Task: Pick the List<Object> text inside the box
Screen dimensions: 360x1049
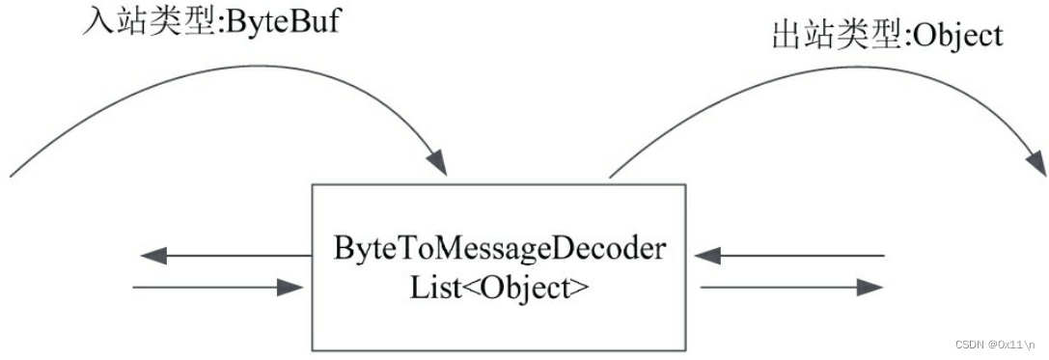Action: point(499,287)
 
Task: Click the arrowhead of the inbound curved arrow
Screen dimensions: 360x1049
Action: point(439,163)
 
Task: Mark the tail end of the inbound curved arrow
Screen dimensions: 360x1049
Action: point(13,175)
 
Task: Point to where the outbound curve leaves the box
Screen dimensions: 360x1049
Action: point(610,178)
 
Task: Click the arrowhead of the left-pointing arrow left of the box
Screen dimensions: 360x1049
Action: point(152,256)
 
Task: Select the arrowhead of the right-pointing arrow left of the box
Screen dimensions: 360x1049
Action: point(290,287)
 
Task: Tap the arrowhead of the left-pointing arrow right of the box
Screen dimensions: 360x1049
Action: point(709,256)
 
